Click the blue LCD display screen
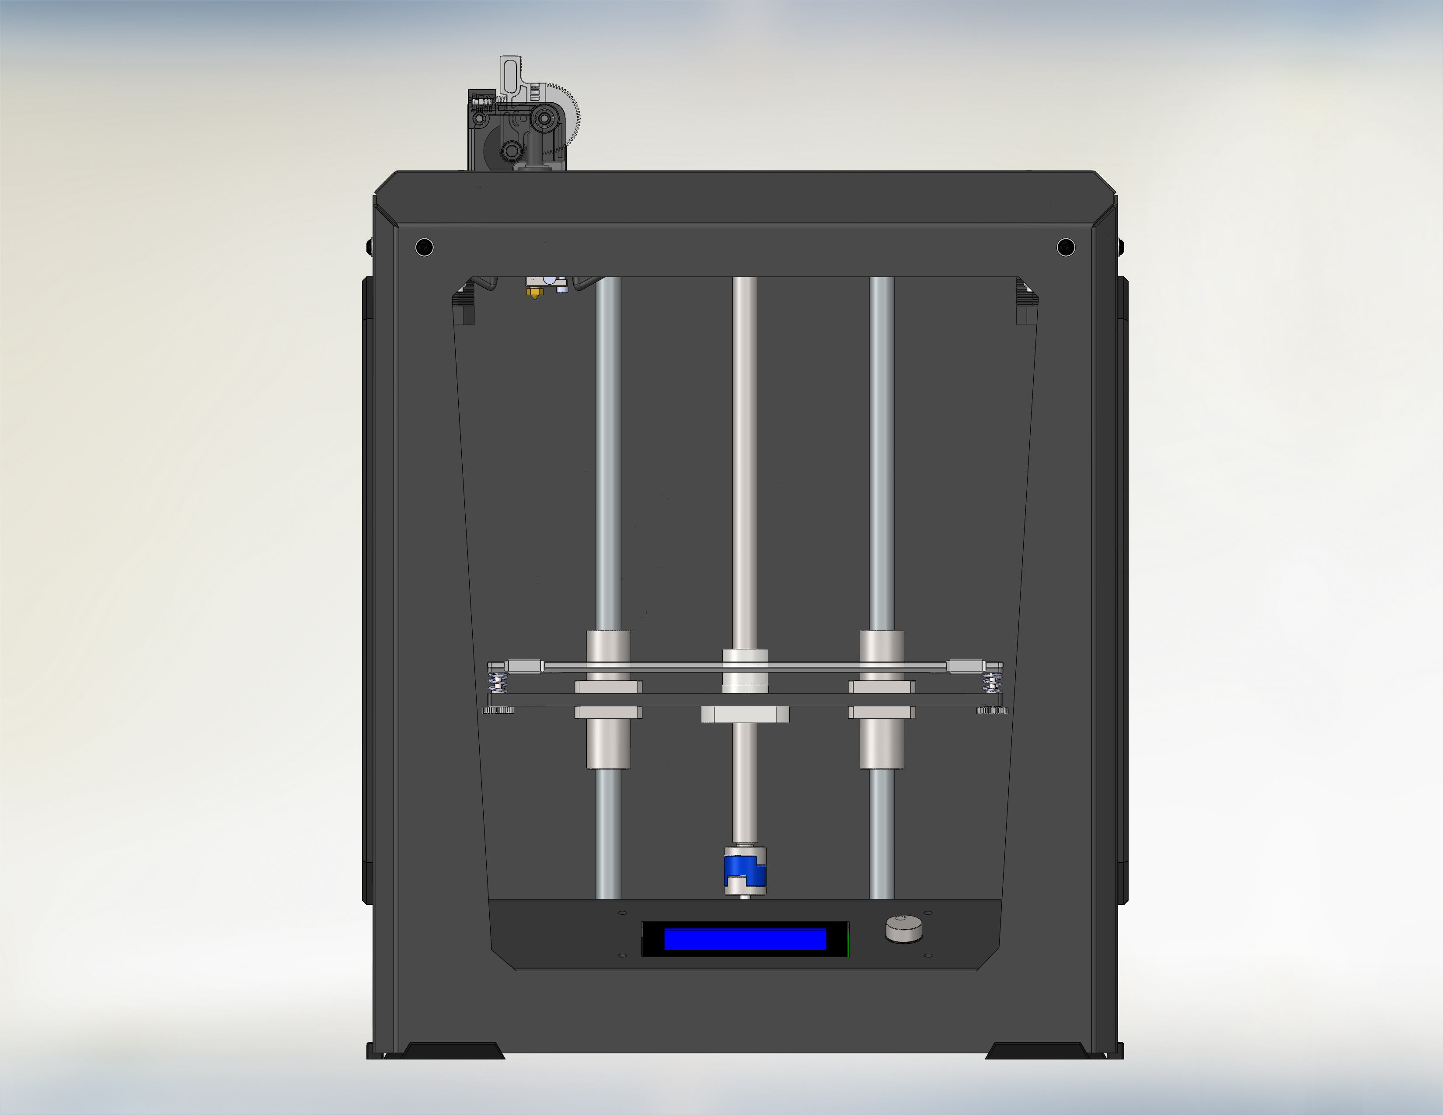(745, 939)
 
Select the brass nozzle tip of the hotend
(533, 293)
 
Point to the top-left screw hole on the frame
(424, 247)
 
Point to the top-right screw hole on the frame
(1065, 247)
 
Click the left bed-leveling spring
(498, 683)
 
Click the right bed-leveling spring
(991, 683)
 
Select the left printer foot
(453, 1050)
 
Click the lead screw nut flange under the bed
(745, 714)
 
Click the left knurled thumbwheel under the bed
(498, 711)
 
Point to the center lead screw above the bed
(745, 462)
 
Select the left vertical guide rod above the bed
(608, 449)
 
